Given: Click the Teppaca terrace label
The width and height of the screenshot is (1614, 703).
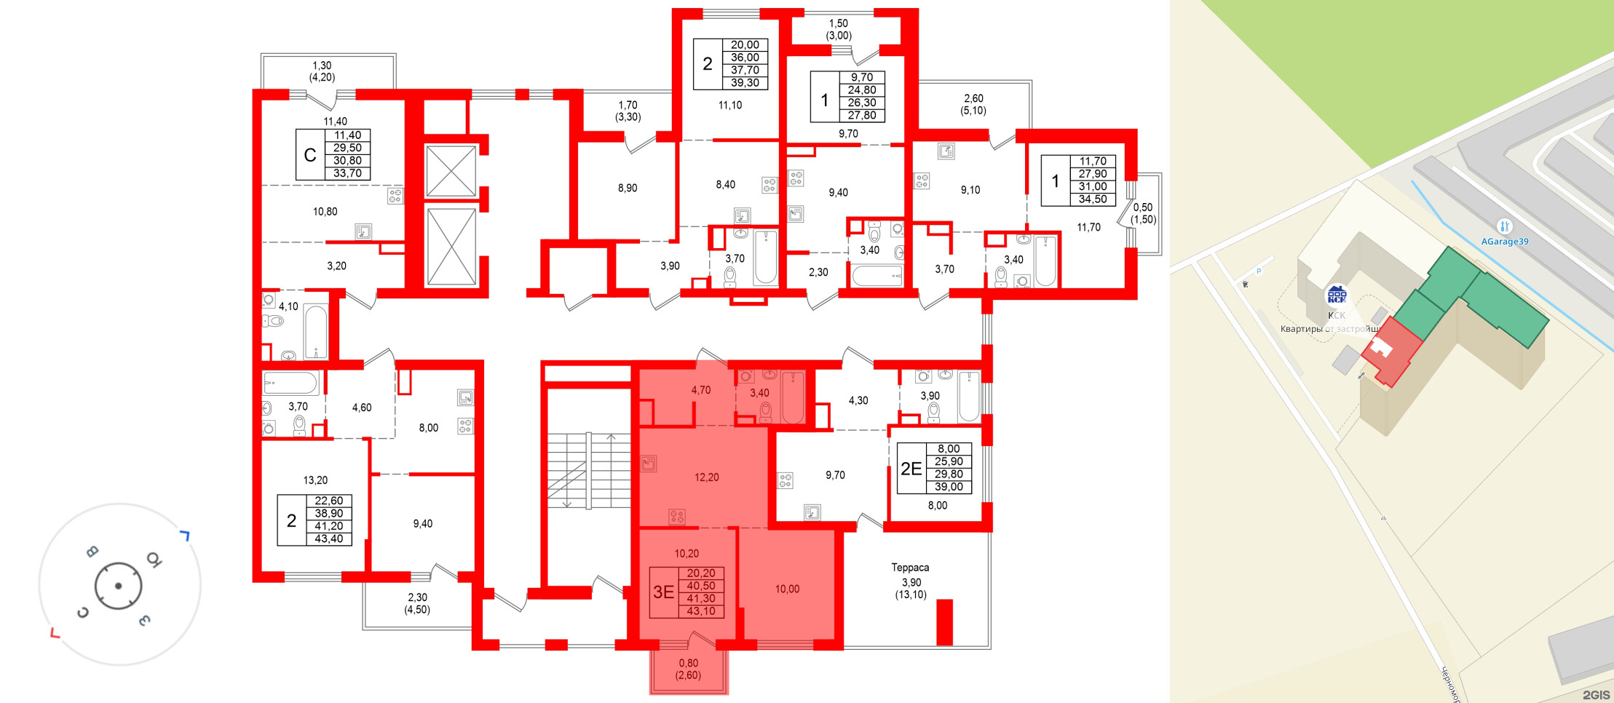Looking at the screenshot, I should pyautogui.click(x=910, y=568).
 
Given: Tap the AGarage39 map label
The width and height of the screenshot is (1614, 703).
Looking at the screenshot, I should pyautogui.click(x=1504, y=242).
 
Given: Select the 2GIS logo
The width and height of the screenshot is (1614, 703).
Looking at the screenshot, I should pyautogui.click(x=1595, y=695).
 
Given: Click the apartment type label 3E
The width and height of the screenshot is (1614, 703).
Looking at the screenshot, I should pyautogui.click(x=663, y=592).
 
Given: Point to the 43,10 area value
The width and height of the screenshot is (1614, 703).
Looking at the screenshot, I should pyautogui.click(x=701, y=611).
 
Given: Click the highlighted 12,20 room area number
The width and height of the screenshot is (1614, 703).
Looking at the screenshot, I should pyautogui.click(x=706, y=477).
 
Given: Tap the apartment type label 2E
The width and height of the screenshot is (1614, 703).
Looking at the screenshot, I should pyautogui.click(x=911, y=469).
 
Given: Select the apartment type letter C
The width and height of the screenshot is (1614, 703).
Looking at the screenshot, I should pyautogui.click(x=310, y=155).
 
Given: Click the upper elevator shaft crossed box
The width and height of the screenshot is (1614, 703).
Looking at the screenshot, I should pyautogui.click(x=451, y=171).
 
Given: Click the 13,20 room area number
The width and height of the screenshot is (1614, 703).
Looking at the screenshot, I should pyautogui.click(x=315, y=480).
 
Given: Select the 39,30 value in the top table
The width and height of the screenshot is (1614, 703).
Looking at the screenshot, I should pyautogui.click(x=745, y=83).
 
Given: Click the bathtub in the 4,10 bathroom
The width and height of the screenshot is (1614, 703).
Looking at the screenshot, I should pyautogui.click(x=315, y=332).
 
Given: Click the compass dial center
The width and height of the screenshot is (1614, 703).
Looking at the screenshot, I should pyautogui.click(x=118, y=585).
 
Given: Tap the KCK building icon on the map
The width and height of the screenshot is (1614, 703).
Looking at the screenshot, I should pyautogui.click(x=1337, y=295).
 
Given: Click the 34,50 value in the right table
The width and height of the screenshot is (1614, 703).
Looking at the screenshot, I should pyautogui.click(x=1093, y=199).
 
